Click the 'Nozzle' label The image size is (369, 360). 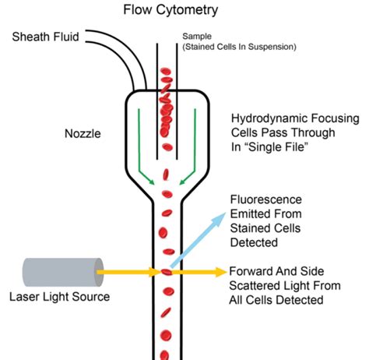coord(83,133)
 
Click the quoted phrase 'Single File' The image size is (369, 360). coord(276,150)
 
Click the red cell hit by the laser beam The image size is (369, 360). coord(165,272)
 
